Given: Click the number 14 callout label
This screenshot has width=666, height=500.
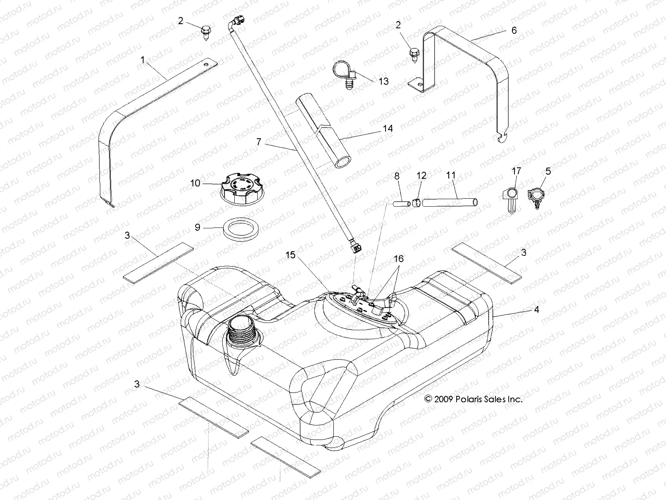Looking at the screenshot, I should click(387, 129).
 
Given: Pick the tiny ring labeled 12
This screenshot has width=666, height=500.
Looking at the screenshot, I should click(416, 203).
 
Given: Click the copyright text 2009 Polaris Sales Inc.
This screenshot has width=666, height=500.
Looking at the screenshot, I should click(473, 399).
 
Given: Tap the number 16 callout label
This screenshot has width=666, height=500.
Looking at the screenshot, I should click(398, 259).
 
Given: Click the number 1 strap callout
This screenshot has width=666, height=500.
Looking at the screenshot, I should click(143, 60).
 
